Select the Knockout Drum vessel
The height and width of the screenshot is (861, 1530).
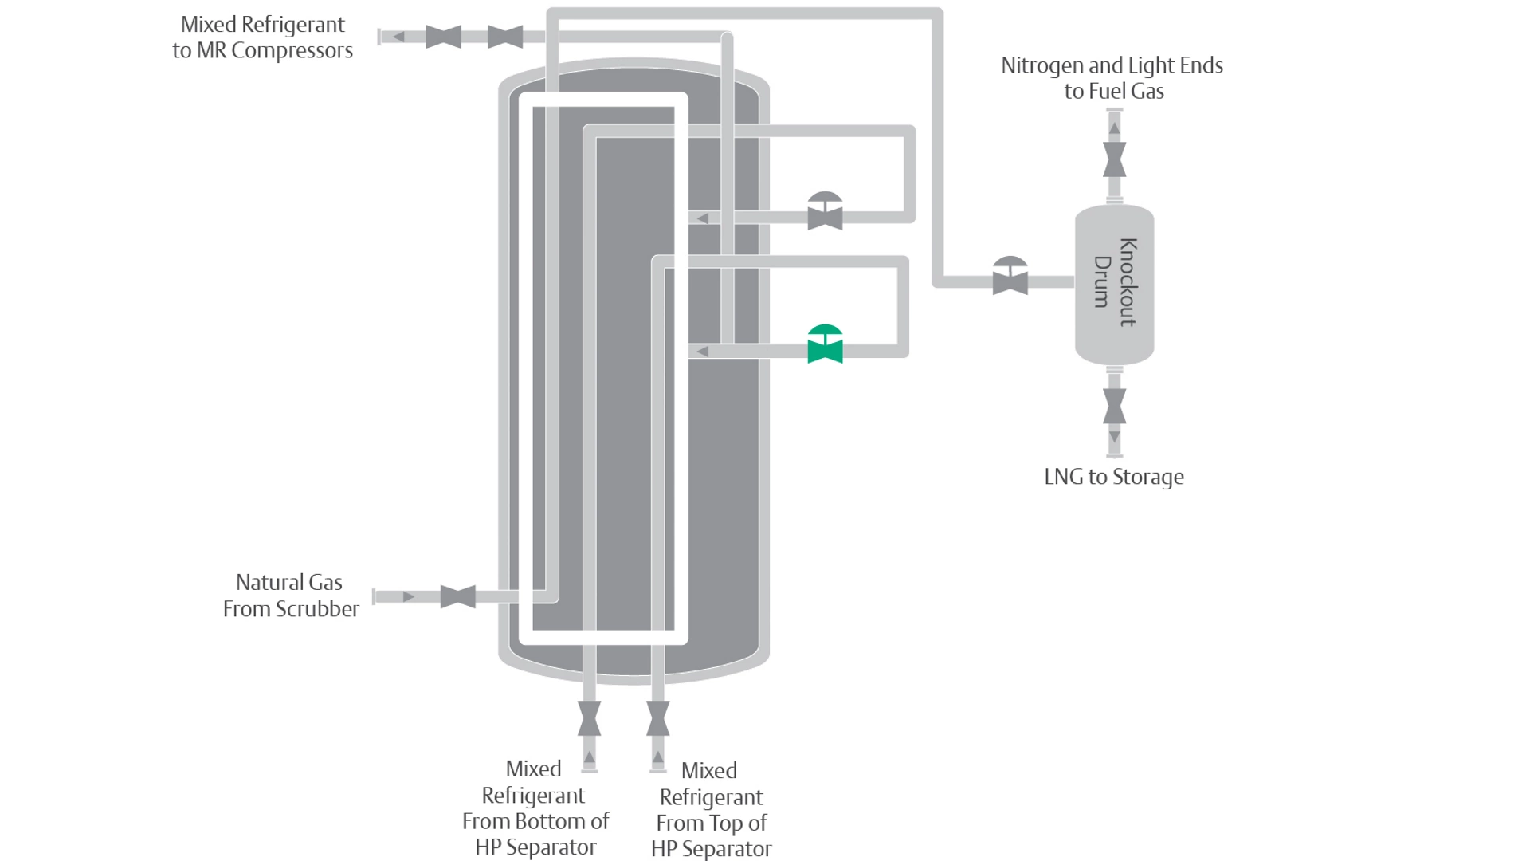tap(1114, 283)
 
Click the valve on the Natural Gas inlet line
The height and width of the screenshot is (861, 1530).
tap(457, 596)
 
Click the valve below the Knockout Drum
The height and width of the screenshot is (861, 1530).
tap(1114, 406)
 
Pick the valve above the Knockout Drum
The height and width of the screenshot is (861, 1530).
tap(1114, 159)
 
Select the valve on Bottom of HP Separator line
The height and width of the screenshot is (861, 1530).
tap(589, 718)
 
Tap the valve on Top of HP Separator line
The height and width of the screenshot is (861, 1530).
tap(657, 718)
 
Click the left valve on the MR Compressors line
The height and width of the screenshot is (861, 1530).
tap(443, 37)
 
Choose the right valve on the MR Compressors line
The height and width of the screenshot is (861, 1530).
tap(505, 37)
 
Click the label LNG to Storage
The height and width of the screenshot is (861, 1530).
tap(1113, 477)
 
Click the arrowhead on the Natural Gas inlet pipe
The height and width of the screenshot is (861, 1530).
tap(409, 596)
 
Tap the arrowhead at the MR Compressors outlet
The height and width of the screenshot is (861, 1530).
tap(398, 37)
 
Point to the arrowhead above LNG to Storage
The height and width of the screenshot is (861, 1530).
tap(1114, 437)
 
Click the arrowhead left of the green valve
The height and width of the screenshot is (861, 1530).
tap(702, 352)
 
